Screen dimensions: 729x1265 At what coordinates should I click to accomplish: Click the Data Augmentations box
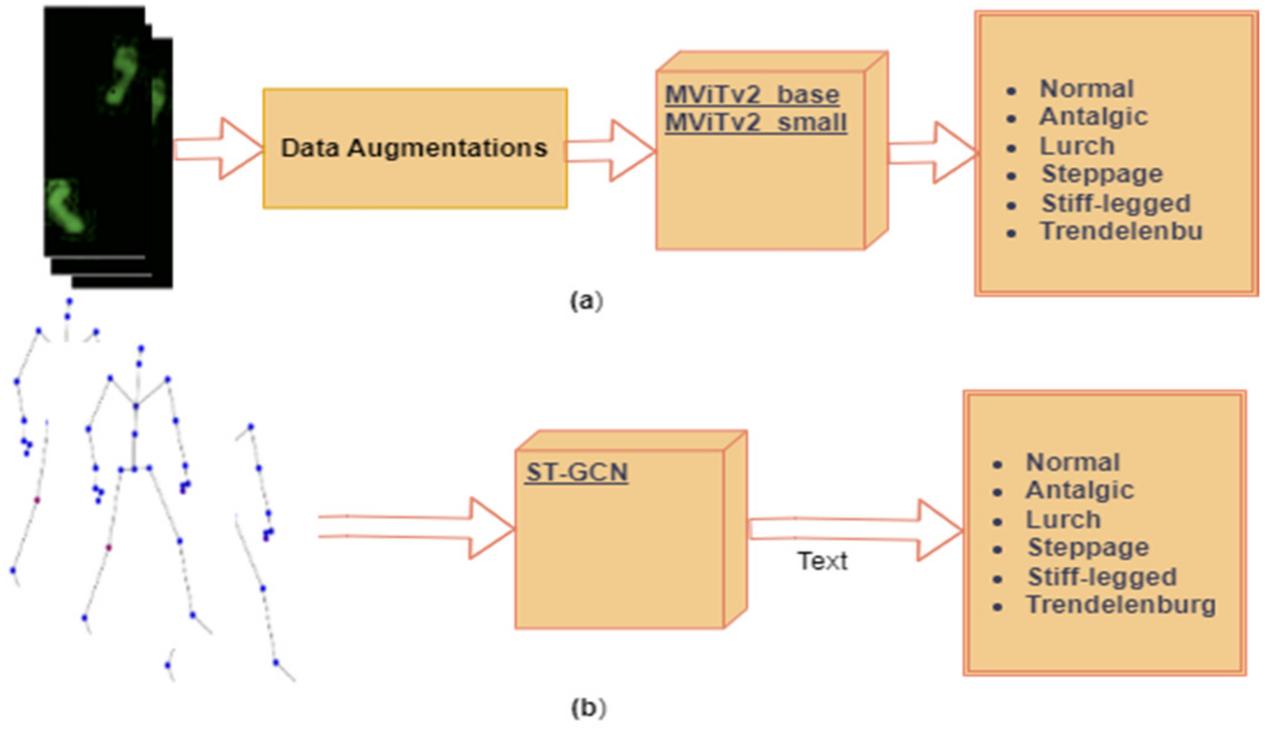point(415,148)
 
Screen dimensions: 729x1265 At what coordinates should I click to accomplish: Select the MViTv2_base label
point(752,95)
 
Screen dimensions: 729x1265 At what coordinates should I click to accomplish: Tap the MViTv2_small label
point(756,123)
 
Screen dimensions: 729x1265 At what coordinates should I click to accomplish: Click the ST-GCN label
point(576,473)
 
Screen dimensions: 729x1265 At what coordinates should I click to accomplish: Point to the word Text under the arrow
point(822,561)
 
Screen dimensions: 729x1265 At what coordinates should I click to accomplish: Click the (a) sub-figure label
point(586,301)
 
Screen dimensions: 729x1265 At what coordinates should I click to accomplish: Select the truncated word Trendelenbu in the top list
point(1121,231)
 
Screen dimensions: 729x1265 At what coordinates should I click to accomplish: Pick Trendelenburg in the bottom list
point(1121,605)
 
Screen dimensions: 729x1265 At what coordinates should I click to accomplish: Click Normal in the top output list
point(1087,89)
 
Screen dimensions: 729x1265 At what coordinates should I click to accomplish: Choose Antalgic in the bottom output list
point(1080,491)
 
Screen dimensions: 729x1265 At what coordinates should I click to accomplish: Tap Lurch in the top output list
point(1077,146)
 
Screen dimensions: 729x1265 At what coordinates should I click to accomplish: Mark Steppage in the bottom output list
point(1088,548)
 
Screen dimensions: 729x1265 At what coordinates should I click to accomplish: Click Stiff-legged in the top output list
point(1115,204)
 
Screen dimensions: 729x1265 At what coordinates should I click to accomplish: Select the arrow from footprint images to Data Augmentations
point(218,148)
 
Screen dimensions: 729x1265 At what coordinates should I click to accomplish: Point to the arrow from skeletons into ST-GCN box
point(417,527)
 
